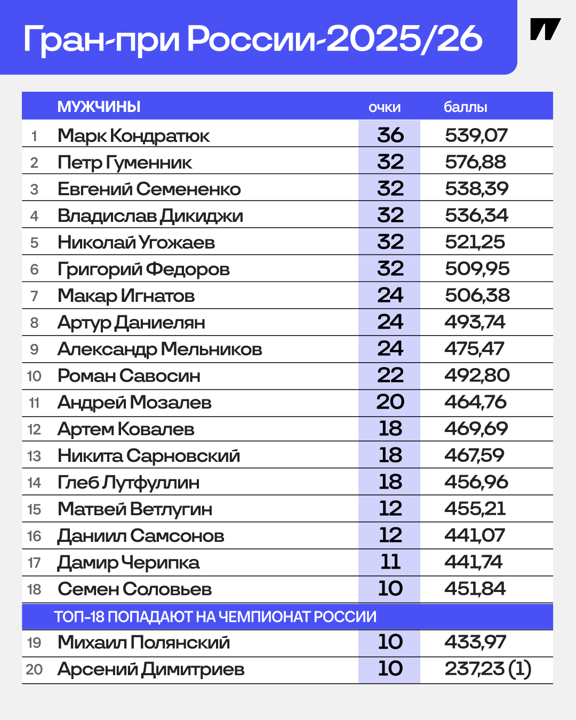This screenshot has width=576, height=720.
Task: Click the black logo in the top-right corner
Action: point(545,30)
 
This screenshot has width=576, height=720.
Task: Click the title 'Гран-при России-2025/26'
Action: point(253,38)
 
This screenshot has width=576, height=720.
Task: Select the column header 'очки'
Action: point(385,107)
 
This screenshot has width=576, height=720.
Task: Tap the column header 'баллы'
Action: point(466,107)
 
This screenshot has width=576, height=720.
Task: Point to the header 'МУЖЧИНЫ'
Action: point(99,107)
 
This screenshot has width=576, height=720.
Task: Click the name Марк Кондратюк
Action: point(133,135)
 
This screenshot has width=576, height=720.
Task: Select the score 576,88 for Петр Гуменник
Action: point(476,162)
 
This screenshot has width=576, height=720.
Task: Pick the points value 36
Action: point(390,135)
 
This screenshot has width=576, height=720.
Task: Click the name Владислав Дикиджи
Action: point(150,215)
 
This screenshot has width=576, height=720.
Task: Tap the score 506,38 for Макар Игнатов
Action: point(477,295)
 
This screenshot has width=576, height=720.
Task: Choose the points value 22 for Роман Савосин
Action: point(390,375)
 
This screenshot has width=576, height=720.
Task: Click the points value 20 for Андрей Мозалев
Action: point(390,402)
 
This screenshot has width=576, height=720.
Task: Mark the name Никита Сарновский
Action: point(149,455)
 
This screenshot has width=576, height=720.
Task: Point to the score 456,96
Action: point(476,482)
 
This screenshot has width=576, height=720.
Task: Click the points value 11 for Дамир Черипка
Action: point(390,562)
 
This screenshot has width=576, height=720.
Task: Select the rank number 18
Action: point(34,589)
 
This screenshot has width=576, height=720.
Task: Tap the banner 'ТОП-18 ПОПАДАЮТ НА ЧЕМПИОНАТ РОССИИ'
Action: point(215,617)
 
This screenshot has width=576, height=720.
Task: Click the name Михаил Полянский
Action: point(144,642)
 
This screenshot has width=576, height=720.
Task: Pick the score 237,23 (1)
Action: point(488,669)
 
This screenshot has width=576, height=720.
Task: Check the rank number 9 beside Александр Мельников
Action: point(34,349)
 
